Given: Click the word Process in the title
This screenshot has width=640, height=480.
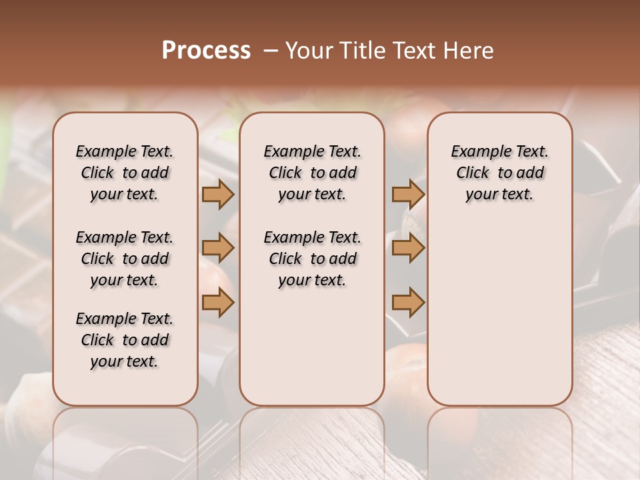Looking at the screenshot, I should click(x=206, y=51).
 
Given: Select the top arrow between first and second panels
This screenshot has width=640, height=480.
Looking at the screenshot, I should click(x=217, y=195).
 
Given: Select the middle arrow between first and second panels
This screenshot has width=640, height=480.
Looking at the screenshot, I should click(x=217, y=249).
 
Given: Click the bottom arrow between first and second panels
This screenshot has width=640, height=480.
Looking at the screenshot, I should click(x=217, y=303).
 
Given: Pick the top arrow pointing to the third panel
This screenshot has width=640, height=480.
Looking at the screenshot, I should click(x=408, y=195).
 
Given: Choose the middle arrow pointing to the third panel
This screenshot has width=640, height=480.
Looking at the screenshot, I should click(x=408, y=249).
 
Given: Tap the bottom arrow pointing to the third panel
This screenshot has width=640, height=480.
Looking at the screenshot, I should click(x=408, y=303).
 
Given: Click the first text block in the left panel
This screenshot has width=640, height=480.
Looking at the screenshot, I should click(x=125, y=173).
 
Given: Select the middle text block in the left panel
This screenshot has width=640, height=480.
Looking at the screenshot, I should click(x=125, y=259).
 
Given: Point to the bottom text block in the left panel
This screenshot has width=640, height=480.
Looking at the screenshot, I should click(x=125, y=340).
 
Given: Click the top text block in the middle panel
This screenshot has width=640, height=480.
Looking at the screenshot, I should click(x=312, y=173).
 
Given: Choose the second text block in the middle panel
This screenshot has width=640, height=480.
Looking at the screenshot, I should click(x=312, y=259).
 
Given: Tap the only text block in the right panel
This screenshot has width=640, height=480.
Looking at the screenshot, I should click(x=499, y=173).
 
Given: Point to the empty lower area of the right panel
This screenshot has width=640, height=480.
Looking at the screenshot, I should click(x=499, y=313).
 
